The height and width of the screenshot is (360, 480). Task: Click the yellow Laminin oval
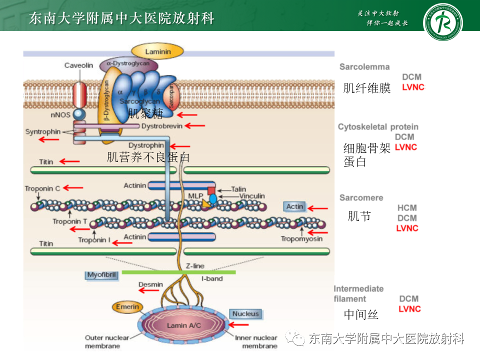(157, 51)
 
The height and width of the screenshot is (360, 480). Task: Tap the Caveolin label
(78, 65)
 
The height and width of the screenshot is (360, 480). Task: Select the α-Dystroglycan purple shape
(128, 64)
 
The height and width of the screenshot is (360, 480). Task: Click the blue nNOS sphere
(79, 114)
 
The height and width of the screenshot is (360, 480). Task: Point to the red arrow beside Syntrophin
(49, 139)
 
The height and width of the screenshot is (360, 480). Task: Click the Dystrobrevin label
(161, 126)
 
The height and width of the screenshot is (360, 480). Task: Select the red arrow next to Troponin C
(73, 188)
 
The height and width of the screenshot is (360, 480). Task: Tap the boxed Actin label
(294, 206)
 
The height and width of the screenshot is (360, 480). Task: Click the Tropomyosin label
(301, 239)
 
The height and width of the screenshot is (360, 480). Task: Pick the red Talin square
(211, 190)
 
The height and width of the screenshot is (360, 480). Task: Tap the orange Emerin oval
(127, 306)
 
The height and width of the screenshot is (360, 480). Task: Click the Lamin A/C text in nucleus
(183, 325)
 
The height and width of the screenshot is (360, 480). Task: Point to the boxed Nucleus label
(245, 313)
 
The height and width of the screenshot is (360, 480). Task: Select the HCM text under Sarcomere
(407, 207)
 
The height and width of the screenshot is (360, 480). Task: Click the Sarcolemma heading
(364, 66)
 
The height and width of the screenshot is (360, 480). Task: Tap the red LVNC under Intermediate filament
(409, 309)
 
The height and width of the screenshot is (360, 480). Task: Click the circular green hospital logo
(442, 22)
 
